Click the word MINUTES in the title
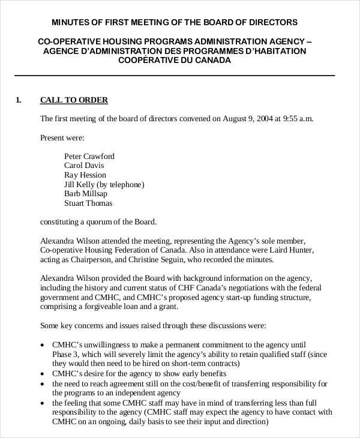(x=70, y=23)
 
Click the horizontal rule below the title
(x=175, y=76)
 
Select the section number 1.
(x=18, y=100)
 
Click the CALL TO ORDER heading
(x=74, y=100)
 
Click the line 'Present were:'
(x=62, y=137)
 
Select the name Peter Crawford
(x=89, y=157)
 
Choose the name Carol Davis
(x=83, y=166)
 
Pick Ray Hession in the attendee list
(x=85, y=175)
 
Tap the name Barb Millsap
(x=86, y=194)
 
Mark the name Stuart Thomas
(x=88, y=203)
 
